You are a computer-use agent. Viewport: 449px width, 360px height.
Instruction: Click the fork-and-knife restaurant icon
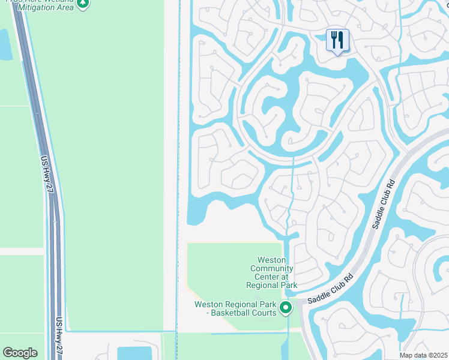(x=337, y=40)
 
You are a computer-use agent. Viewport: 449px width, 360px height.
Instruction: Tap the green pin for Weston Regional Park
(x=286, y=308)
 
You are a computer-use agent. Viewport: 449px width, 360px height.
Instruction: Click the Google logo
(x=20, y=353)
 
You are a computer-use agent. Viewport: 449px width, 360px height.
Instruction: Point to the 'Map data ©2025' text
(x=424, y=355)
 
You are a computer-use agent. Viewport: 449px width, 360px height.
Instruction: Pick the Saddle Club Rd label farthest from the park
(x=384, y=204)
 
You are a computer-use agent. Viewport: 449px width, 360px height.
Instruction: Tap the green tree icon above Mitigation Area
(x=83, y=3)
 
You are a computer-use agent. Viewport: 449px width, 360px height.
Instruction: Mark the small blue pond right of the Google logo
(x=135, y=353)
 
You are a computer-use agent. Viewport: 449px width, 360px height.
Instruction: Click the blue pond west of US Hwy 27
(x=5, y=44)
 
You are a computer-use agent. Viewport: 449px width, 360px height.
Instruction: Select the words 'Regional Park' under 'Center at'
(x=271, y=285)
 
